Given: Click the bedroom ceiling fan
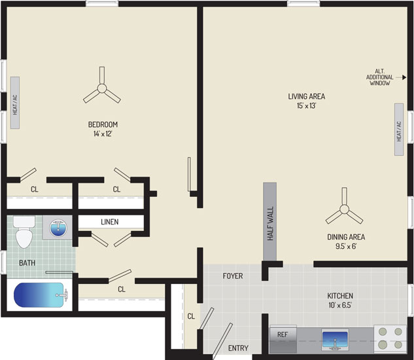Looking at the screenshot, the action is pyautogui.click(x=102, y=88).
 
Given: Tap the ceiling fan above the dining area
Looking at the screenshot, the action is pyautogui.click(x=344, y=209).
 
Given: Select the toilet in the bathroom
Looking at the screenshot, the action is pyautogui.click(x=24, y=232).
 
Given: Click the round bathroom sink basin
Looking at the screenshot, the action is pyautogui.click(x=58, y=228).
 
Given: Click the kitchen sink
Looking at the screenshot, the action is pyautogui.click(x=335, y=340).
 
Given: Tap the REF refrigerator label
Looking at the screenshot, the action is pyautogui.click(x=283, y=334).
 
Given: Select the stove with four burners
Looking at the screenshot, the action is pyautogui.click(x=390, y=338).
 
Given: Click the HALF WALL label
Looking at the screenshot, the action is pyautogui.click(x=271, y=223).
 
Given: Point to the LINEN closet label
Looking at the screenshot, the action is pyautogui.click(x=110, y=222).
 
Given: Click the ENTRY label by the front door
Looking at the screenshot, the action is pyautogui.click(x=238, y=348).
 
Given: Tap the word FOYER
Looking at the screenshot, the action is pyautogui.click(x=233, y=276).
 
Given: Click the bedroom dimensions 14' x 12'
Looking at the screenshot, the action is pyautogui.click(x=103, y=134).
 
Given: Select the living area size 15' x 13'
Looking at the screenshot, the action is pyautogui.click(x=306, y=106).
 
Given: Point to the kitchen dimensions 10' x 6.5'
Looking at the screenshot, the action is pyautogui.click(x=340, y=305).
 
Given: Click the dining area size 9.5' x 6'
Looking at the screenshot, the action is pyautogui.click(x=346, y=246).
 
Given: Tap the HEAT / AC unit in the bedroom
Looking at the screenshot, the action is pyautogui.click(x=15, y=103).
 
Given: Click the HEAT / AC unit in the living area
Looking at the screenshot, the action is pyautogui.click(x=399, y=129).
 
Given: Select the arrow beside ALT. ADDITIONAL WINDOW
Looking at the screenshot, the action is pyautogui.click(x=400, y=77).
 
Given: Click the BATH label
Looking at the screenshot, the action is pyautogui.click(x=27, y=263).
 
